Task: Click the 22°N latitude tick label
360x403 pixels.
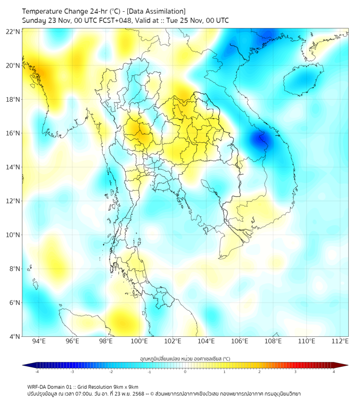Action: [13, 32]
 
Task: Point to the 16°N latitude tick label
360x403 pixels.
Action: [13, 133]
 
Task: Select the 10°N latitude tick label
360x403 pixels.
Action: [13, 235]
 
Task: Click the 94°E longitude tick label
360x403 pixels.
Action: [39, 341]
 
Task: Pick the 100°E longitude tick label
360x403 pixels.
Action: [139, 341]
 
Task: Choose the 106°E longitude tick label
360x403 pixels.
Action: [240, 341]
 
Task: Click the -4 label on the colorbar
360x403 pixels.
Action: [36, 372]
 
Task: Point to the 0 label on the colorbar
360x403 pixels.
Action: [185, 372]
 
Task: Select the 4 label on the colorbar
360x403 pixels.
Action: [333, 372]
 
